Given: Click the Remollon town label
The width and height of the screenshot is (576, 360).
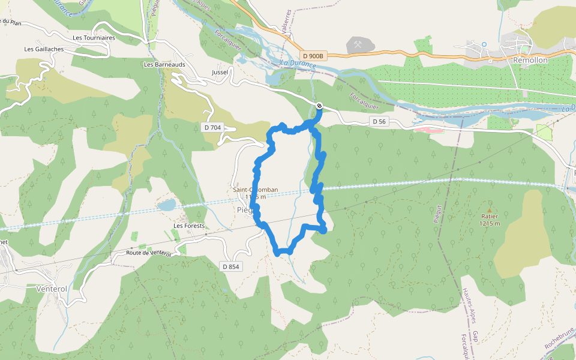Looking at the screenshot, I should click(x=531, y=61).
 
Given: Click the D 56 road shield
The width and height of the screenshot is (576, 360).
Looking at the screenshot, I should click(x=379, y=121).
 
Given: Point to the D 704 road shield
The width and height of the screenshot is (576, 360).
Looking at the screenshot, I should click(x=213, y=127).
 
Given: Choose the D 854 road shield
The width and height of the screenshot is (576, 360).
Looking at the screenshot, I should click(x=231, y=266).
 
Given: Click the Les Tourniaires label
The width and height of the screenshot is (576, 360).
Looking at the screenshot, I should click(x=93, y=37).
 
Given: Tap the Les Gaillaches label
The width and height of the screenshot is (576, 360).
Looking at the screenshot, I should click(x=44, y=49).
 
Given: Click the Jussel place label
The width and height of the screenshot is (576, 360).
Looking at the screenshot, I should click(x=220, y=72).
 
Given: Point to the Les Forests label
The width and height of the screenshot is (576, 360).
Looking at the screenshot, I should click(x=189, y=226).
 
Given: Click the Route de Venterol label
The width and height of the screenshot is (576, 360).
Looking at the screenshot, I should click(x=149, y=253).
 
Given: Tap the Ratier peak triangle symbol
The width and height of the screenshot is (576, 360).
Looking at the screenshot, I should click(x=489, y=210).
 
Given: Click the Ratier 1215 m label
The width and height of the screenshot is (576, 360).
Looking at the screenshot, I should click(x=490, y=220).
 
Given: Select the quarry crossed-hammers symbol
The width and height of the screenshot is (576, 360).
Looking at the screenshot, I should click(x=358, y=44).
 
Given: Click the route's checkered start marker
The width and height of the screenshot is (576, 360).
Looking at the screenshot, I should click(x=319, y=106).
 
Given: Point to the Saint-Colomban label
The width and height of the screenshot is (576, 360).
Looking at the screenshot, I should click(x=256, y=190).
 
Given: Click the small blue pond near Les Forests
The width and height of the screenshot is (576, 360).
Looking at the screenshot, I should click(x=167, y=205).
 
